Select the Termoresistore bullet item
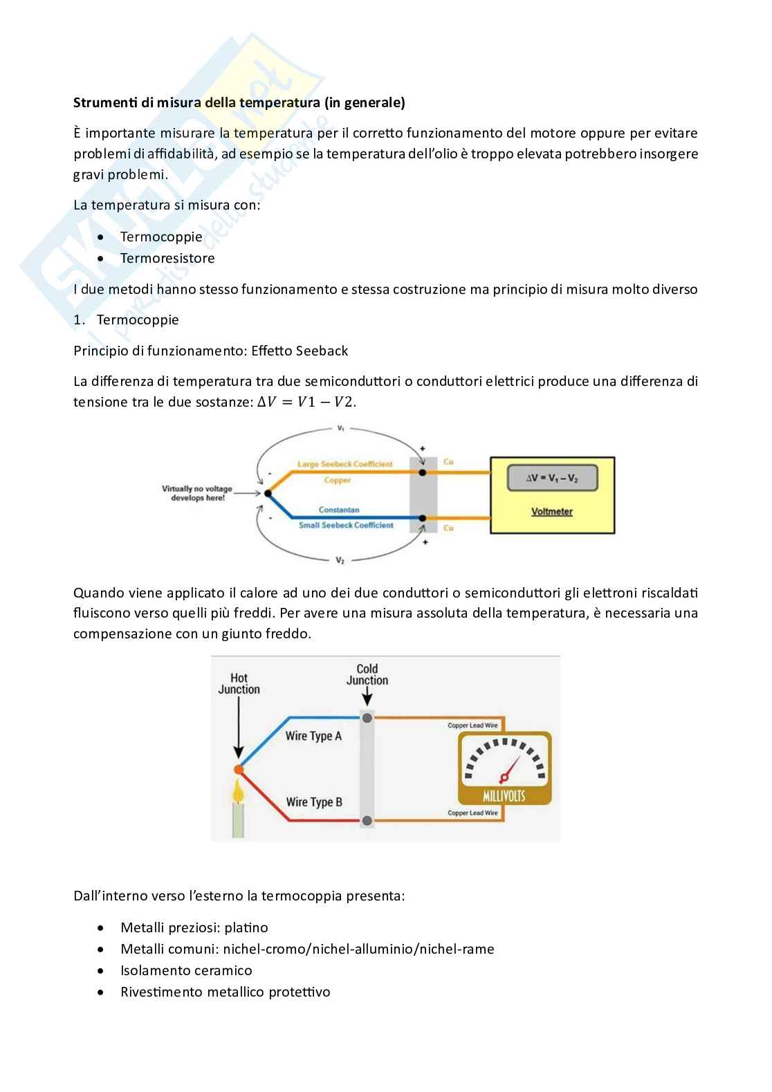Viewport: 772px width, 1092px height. [167, 258]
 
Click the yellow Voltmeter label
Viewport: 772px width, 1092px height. [551, 512]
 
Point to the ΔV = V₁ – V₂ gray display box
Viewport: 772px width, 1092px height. [551, 478]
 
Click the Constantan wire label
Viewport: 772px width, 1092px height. [339, 510]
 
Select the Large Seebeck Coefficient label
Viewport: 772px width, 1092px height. [344, 464]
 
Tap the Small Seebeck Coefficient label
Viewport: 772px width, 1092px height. [345, 525]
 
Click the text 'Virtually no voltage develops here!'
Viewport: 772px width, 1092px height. [197, 493]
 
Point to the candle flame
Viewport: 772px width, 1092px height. [239, 791]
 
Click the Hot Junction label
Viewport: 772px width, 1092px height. [239, 683]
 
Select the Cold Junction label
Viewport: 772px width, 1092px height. [367, 674]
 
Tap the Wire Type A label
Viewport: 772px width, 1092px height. [313, 736]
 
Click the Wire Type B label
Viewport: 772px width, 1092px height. [314, 802]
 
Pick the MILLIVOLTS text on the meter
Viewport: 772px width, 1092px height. [504, 795]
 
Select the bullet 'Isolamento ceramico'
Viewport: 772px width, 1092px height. [186, 970]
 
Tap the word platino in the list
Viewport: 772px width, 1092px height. [246, 927]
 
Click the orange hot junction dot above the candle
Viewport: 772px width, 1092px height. [239, 769]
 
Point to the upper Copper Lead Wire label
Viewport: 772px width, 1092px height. [472, 725]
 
